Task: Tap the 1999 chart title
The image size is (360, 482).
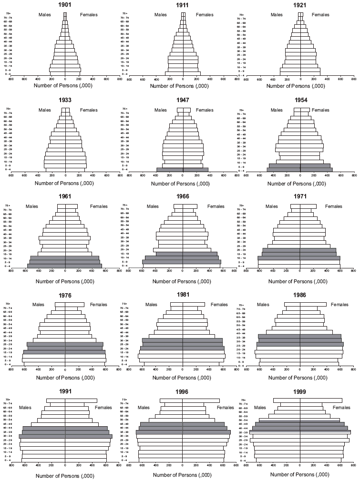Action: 300,391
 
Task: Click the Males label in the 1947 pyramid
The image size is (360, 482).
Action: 153,111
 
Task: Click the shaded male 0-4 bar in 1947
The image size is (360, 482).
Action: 169,169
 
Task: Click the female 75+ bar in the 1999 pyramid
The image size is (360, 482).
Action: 321,400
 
